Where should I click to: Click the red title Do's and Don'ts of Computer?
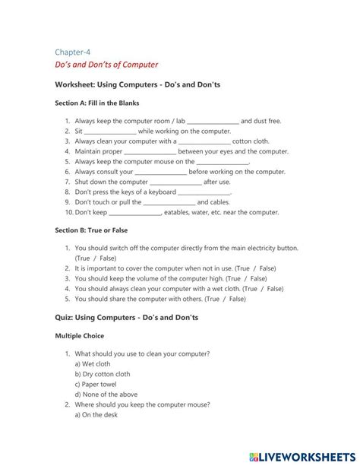tap(106, 65)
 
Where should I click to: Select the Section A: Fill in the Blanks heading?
tap(97, 103)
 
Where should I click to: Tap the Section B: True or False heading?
tap(92, 230)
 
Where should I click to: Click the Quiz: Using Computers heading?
tap(126, 317)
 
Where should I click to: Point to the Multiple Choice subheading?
tap(80, 335)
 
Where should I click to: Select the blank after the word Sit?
tap(110, 132)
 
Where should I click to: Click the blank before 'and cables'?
tap(169, 203)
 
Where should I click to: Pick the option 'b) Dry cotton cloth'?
tap(103, 374)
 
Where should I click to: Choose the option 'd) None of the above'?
tap(106, 395)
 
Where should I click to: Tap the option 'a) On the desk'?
tap(98, 415)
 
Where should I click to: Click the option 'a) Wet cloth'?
tap(93, 364)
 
